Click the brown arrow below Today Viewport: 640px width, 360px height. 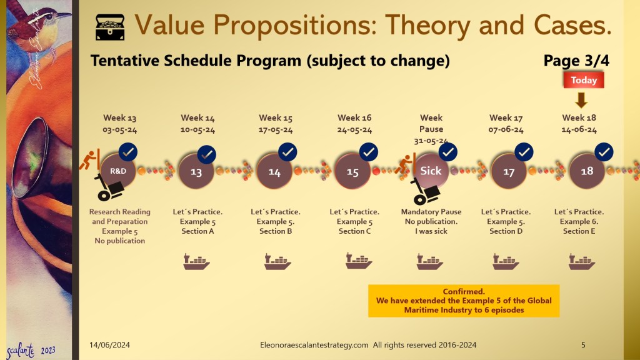[581, 100]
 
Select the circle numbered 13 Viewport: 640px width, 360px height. [196, 172]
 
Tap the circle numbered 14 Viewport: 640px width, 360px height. [274, 172]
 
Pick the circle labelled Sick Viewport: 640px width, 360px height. [431, 171]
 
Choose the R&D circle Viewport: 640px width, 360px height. [118, 171]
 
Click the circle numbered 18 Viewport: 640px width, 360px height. [587, 171]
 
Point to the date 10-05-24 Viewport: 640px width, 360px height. [197, 130]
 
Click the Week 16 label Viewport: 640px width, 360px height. [354, 117]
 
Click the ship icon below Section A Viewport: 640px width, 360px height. [196, 262]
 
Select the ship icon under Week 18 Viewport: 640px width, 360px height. [581, 262]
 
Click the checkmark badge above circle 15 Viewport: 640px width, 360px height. [369, 152]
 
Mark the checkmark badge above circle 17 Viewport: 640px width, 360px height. [525, 152]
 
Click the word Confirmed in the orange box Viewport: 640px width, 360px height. [463, 292]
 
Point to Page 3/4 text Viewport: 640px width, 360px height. [576, 61]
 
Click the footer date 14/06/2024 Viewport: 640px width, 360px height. [109, 344]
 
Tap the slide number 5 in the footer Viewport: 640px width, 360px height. [583, 344]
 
